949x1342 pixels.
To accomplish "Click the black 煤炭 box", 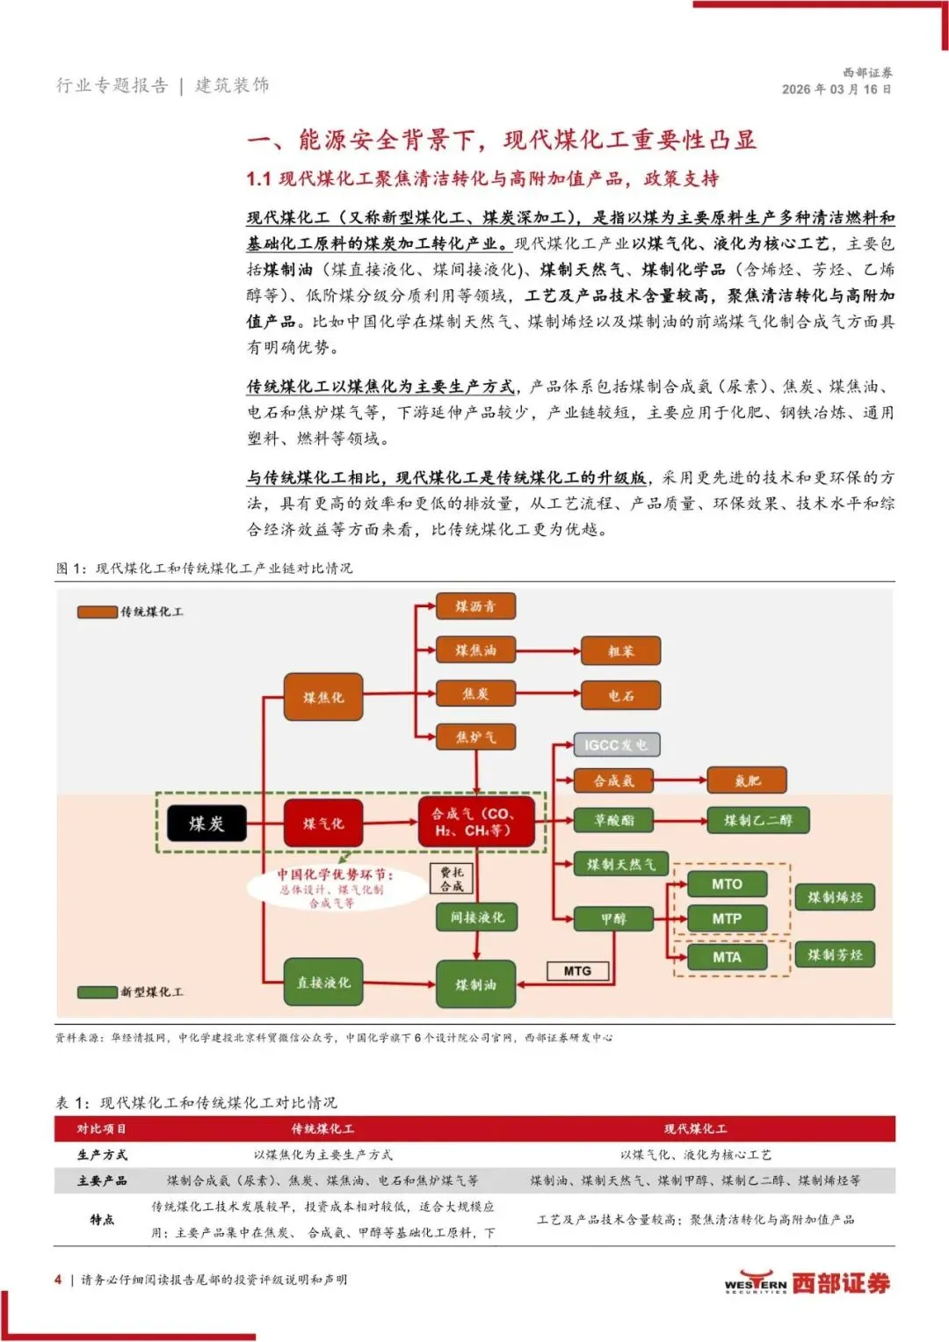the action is [x=206, y=823].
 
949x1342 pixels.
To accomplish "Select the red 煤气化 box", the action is [x=323, y=823].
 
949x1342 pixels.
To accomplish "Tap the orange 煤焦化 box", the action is [x=323, y=697].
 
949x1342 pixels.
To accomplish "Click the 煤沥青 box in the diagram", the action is [x=475, y=606].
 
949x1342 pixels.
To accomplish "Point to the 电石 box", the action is [x=621, y=695].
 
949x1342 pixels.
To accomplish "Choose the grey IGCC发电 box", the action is [x=616, y=744].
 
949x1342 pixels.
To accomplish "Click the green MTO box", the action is [x=727, y=884].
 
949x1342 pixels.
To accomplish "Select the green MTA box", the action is [x=727, y=957].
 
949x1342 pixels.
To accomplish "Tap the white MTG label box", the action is [x=577, y=971].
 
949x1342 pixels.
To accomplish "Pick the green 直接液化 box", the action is [x=323, y=982].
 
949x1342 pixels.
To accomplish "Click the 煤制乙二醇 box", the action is [x=757, y=820].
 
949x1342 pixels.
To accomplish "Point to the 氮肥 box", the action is [x=748, y=780].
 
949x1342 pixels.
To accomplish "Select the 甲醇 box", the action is [x=613, y=918].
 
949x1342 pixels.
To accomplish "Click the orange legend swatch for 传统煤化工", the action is [x=97, y=612].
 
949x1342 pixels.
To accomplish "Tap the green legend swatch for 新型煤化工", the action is [x=97, y=992].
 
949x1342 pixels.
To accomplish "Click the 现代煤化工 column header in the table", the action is [x=695, y=1128].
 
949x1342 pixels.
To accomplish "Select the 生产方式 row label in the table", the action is [x=102, y=1155].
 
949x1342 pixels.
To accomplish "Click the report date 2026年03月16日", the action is [x=837, y=90].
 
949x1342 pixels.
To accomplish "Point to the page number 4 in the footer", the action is [x=58, y=1280].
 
